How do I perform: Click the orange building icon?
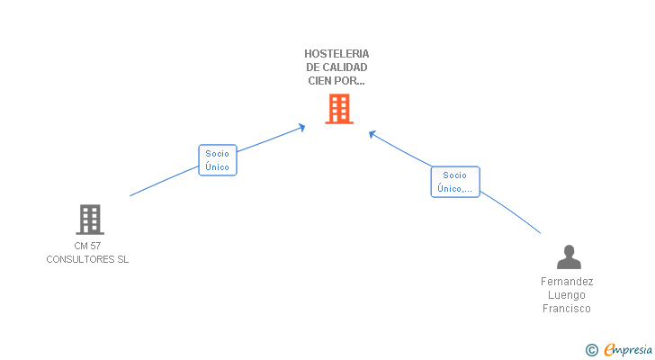coord(339,109)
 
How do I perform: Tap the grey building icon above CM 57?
coord(90,220)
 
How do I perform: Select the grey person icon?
coord(569,256)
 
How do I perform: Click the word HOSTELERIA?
coord(336,54)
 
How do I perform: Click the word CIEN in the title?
coord(319,81)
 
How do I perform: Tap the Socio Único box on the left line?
coord(218,160)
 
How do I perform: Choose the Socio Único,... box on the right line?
coord(455,182)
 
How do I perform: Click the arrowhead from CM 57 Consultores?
coord(301,128)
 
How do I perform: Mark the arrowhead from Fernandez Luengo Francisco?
coord(372,134)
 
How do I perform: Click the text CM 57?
coord(87,246)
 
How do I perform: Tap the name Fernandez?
coord(567,282)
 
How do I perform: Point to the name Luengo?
coord(567,295)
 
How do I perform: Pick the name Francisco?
coord(567,309)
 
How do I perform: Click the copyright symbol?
coord(591,350)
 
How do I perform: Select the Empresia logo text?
coord(628,350)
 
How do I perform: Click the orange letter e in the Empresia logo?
coord(610,349)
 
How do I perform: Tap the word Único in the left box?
coord(217,167)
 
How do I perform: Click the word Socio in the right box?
coord(454,175)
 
